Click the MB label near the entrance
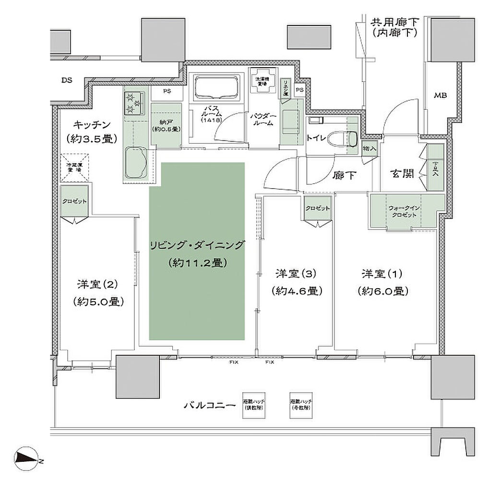pos(440,95)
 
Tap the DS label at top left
pos(66,80)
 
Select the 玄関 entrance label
pos(402,174)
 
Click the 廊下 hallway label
pos(344,175)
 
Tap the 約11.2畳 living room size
pos(197,263)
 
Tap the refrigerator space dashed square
pos(74,167)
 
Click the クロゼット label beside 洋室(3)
pos(317,209)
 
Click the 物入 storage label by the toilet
pos(370,149)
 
